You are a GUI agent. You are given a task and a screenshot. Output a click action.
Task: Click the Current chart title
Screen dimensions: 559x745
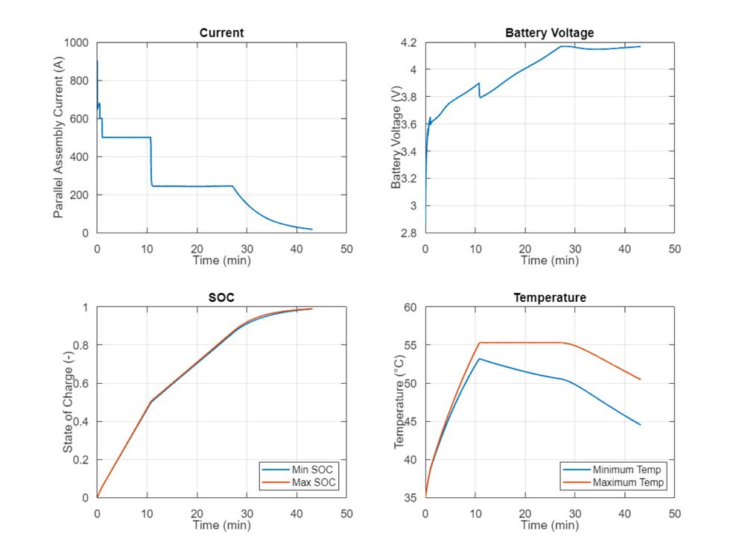[x=221, y=33]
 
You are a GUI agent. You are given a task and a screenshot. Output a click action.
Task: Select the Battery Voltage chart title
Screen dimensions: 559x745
[x=549, y=33]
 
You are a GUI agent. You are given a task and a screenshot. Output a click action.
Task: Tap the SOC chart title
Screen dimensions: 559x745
[x=221, y=297]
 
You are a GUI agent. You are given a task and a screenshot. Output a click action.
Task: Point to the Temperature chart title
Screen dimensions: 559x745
[x=549, y=297]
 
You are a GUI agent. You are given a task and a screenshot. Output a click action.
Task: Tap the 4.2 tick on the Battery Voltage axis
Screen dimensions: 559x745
[x=410, y=43]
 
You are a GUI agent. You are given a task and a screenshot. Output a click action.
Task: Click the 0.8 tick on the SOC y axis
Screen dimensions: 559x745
[x=82, y=345]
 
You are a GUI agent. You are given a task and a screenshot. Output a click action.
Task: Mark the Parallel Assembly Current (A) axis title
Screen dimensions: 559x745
[x=58, y=138]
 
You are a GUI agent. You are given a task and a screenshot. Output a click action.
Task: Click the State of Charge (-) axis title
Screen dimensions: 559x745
[x=68, y=402]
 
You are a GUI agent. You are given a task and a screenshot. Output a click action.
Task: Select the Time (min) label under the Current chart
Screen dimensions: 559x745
[x=221, y=260]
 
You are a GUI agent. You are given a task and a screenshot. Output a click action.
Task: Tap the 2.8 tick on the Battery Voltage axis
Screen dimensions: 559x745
[x=410, y=233]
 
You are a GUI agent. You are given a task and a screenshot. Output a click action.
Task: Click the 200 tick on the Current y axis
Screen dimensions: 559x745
[x=80, y=195]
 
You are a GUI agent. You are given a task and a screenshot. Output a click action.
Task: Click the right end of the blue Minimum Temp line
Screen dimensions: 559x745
[x=640, y=425]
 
